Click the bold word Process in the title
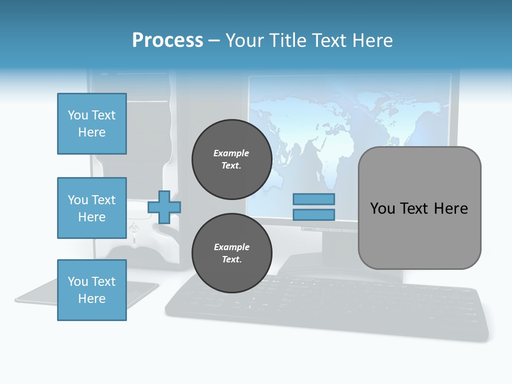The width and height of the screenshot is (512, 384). (x=167, y=40)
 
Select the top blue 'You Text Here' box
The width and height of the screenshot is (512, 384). (x=92, y=124)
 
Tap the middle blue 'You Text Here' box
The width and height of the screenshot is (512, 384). (x=92, y=208)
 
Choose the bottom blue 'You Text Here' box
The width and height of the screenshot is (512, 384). (x=92, y=290)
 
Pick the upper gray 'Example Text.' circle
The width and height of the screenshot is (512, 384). (x=231, y=159)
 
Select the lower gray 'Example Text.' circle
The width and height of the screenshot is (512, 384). (x=231, y=253)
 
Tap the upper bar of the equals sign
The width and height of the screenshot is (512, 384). (x=314, y=199)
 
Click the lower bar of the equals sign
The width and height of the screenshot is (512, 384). (x=314, y=214)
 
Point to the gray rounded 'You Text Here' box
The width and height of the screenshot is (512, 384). (x=419, y=208)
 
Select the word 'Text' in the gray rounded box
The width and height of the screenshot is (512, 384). (x=414, y=209)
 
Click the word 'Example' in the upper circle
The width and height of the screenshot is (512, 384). (x=231, y=153)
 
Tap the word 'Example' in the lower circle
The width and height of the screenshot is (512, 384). (x=231, y=247)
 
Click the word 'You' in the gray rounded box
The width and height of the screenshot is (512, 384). (x=382, y=209)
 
